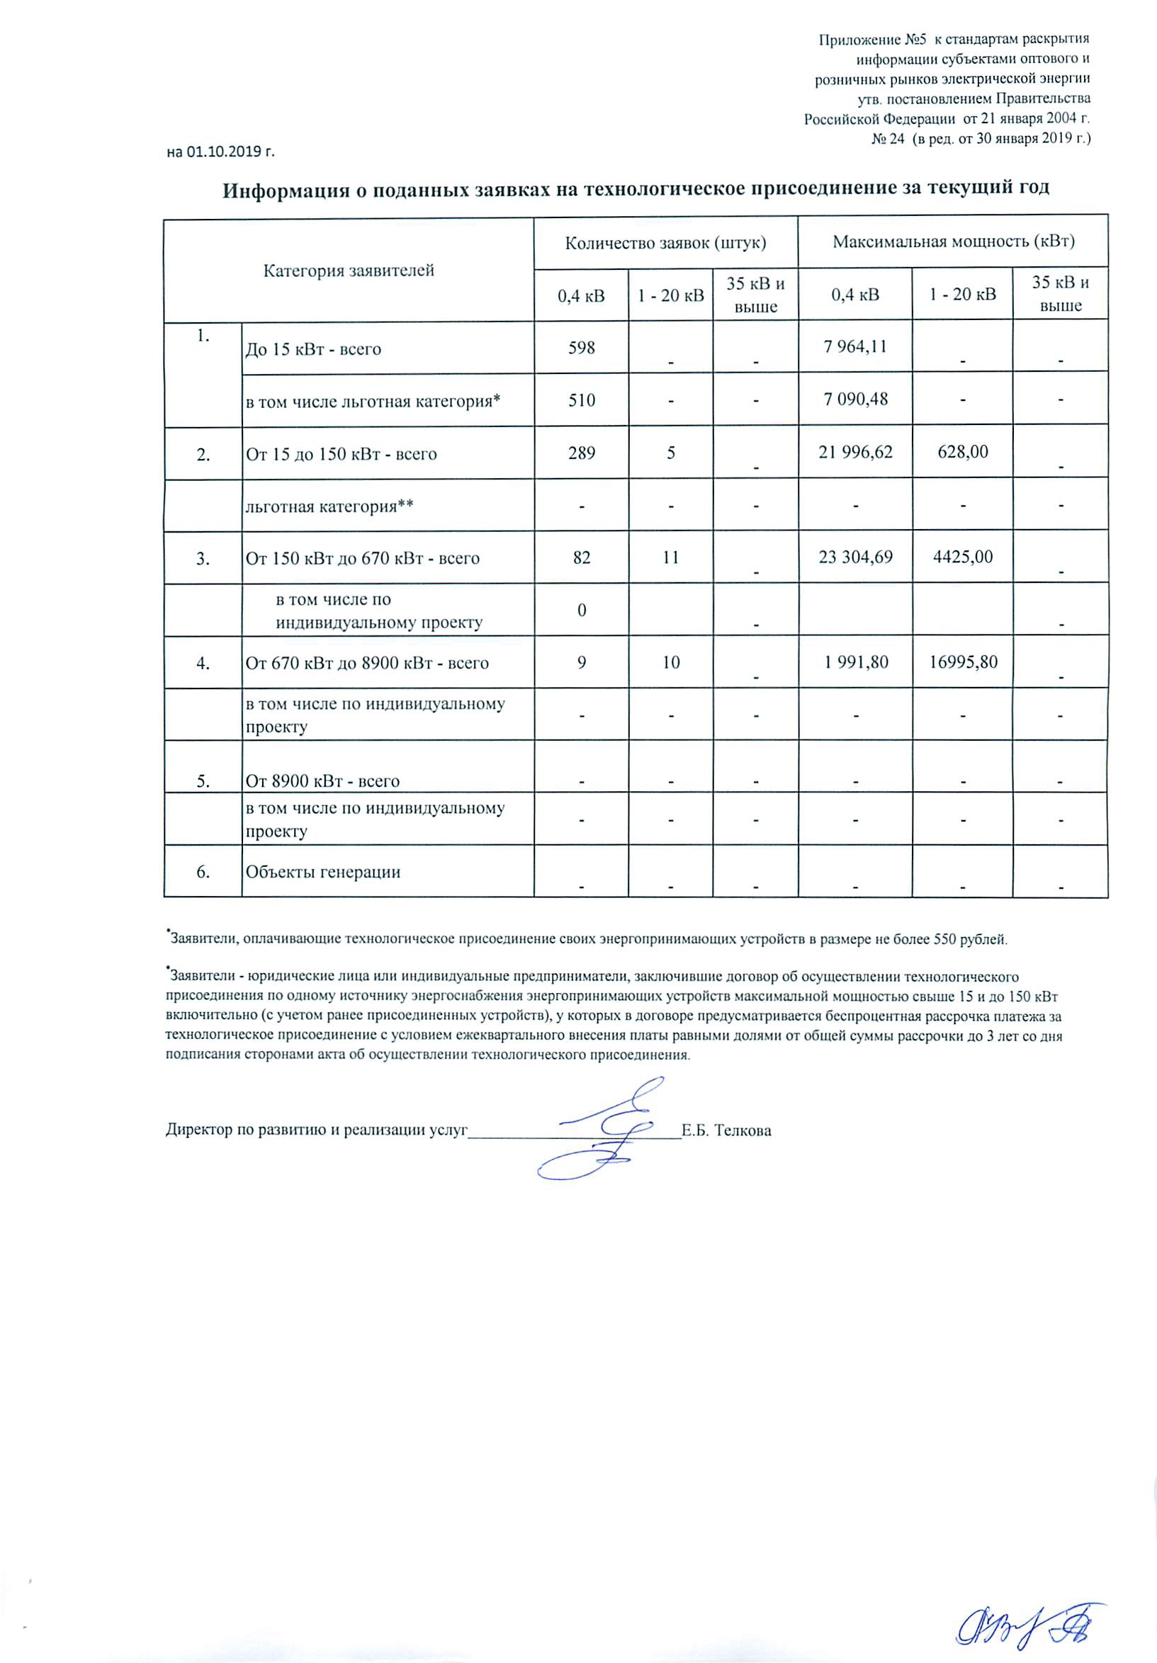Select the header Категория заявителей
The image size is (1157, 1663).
(349, 271)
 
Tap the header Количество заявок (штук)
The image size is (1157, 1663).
(665, 243)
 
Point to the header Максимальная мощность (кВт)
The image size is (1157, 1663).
(953, 242)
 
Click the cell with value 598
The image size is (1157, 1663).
(582, 348)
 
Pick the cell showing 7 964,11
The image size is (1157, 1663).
(856, 346)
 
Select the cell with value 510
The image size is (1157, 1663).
(582, 399)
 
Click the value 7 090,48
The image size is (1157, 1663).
(856, 398)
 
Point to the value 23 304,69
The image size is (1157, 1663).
(856, 557)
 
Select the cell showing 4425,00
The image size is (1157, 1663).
(963, 557)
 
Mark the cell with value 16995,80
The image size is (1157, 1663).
(963, 662)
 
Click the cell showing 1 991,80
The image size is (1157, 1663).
(856, 662)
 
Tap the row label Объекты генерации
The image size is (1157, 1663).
(323, 871)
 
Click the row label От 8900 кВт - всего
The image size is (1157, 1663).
(322, 781)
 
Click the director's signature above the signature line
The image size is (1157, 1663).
(609, 1127)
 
